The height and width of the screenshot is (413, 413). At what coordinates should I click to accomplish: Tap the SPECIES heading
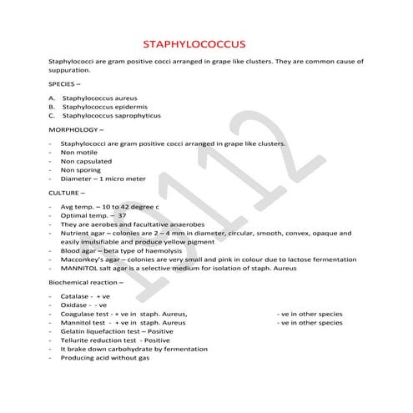click(65, 84)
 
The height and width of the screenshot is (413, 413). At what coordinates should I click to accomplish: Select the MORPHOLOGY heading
click(77, 130)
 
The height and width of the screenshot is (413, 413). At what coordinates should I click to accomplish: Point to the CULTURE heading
click(68, 192)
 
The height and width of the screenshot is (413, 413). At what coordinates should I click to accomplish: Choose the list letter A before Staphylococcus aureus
click(52, 98)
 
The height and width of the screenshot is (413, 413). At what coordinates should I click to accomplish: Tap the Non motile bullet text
click(78, 152)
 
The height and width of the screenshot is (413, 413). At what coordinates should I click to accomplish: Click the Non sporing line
click(80, 170)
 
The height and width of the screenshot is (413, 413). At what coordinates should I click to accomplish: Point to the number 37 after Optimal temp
click(122, 214)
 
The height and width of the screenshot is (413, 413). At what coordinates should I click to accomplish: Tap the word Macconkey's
click(83, 259)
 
